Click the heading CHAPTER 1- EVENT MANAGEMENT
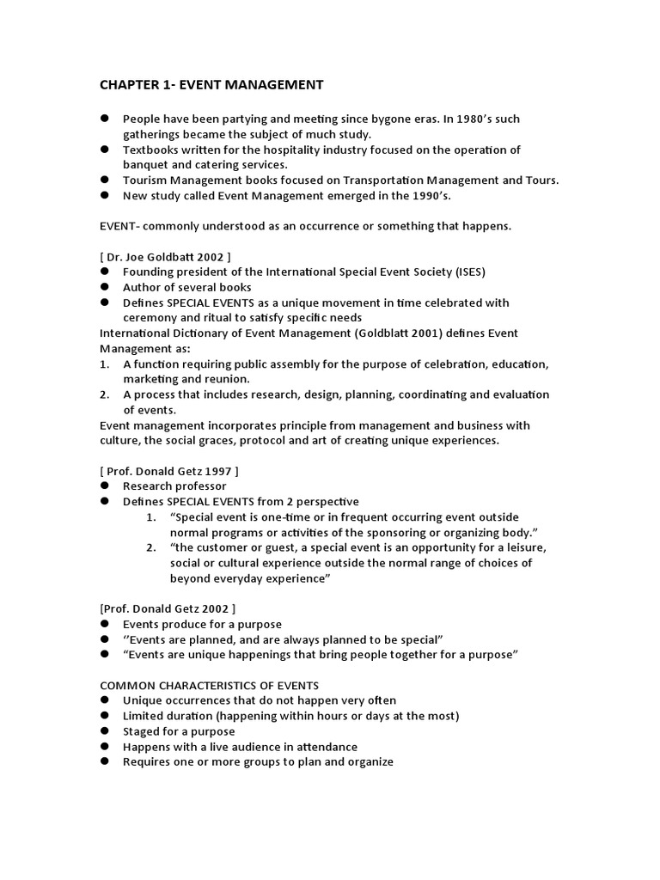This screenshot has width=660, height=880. pos(211,84)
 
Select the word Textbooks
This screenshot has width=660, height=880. pos(150,150)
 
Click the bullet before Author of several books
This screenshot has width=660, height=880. pos(105,287)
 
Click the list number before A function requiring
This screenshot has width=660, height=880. pos(104,364)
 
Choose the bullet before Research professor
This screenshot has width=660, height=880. pos(105,486)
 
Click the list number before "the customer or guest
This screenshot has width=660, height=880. pos(151,547)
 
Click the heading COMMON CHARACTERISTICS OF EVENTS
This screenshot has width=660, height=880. pos(210,685)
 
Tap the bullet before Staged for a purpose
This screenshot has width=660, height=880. pos(105,731)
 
